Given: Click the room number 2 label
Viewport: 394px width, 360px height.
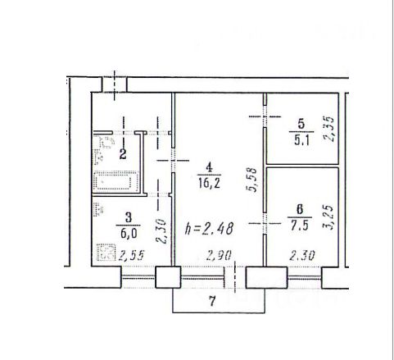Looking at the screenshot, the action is click(x=123, y=154).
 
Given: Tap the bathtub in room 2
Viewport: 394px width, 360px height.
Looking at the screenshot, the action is click(x=115, y=181).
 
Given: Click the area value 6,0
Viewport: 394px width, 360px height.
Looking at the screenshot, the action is click(x=128, y=234).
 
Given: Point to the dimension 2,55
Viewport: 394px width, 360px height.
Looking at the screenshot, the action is click(x=130, y=256).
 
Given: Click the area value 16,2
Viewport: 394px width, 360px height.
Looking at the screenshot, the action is click(x=209, y=184).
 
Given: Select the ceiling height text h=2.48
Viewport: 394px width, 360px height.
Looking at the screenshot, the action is click(x=209, y=228).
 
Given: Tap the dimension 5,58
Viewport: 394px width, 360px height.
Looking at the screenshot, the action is click(x=252, y=180).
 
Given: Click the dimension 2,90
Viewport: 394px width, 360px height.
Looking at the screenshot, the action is click(x=219, y=256).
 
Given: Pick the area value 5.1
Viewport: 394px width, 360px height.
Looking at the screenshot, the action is click(x=301, y=141).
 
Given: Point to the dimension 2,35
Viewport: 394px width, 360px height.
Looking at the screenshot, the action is click(x=328, y=129).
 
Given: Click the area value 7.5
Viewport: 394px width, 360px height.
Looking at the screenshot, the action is click(x=300, y=226).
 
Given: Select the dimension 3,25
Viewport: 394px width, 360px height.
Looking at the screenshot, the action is click(x=328, y=217).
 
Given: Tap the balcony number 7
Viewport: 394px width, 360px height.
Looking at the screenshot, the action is click(x=212, y=301).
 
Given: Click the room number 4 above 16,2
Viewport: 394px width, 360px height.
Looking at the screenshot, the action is click(x=209, y=167).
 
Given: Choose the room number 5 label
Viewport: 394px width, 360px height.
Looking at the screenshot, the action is click(x=301, y=124).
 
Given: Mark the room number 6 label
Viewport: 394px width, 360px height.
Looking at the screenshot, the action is click(x=300, y=209).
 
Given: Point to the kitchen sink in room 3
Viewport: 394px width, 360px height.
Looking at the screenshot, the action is click(x=98, y=209).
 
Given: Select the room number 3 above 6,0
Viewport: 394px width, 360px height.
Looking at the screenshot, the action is click(x=128, y=218).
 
